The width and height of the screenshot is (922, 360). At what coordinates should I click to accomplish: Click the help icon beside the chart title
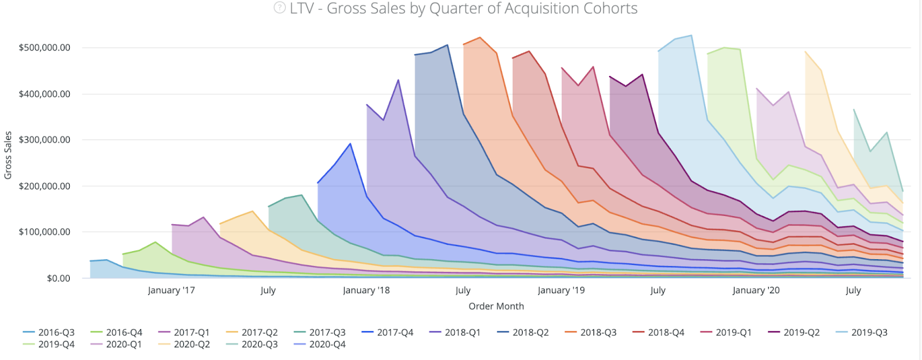pos(279,8)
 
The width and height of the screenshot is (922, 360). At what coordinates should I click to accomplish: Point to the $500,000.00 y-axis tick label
pos(44,48)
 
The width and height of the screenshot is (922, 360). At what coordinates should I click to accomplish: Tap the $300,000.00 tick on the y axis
pos(44,140)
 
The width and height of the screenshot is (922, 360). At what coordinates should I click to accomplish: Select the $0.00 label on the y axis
pos(59,278)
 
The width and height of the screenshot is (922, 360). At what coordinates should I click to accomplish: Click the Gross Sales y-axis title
pos(8,156)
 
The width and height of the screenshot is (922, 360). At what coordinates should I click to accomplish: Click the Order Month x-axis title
pos(496,306)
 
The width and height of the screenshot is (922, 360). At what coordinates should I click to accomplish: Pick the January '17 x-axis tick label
pos(171,290)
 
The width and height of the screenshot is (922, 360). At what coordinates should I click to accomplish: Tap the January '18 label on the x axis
pos(366,290)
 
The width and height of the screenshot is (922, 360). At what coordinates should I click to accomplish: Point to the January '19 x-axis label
pos(561,290)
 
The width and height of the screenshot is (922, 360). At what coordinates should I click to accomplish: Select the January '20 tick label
pos(755,290)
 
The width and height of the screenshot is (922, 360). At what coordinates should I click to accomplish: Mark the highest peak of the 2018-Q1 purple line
pos(398,80)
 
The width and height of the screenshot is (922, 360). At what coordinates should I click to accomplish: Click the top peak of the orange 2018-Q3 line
pos(480,37)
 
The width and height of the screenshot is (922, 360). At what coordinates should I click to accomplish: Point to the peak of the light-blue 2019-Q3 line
pos(691,35)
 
